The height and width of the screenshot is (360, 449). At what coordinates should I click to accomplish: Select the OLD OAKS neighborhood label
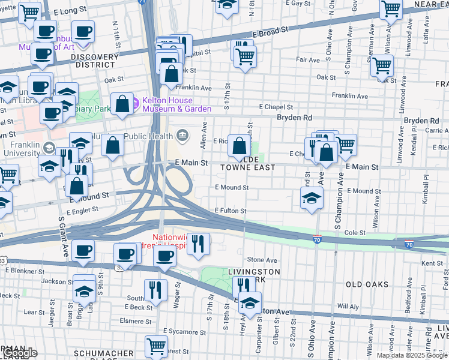coord(367,284)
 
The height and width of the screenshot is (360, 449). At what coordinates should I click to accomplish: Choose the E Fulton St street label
coord(231,211)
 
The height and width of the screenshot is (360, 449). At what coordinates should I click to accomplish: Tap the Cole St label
coord(355,232)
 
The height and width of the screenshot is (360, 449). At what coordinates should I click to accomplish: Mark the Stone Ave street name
coord(262,260)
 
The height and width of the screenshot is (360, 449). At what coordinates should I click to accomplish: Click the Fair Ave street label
coord(308,60)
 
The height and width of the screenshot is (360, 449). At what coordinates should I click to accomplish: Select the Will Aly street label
coord(348,306)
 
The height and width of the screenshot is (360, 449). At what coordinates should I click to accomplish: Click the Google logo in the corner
coord(19,353)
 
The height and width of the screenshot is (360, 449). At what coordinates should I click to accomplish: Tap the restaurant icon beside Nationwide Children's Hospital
coord(198,242)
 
